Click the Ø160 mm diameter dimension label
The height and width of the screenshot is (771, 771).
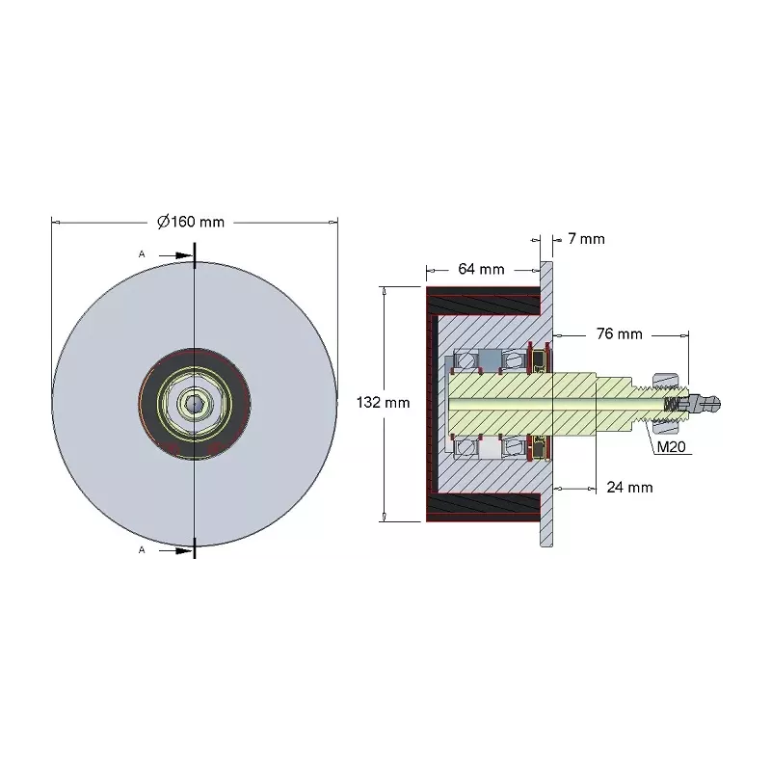point(191,222)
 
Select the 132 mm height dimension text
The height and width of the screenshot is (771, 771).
point(383,403)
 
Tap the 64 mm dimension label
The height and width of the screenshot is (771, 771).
point(481,269)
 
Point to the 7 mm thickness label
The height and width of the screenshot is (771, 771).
point(587,239)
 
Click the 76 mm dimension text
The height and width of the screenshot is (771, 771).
point(620,334)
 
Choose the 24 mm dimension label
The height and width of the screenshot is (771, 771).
point(630,488)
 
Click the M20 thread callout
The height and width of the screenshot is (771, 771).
point(671,447)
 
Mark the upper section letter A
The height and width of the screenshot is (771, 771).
point(142,254)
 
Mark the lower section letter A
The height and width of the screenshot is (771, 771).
point(142,549)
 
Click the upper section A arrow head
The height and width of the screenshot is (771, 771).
point(184,255)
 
